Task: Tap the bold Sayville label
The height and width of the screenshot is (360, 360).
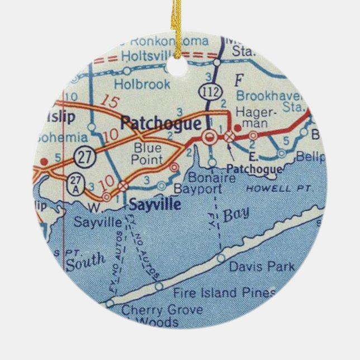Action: point(155,205)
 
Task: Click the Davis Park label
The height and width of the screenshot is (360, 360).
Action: point(262,267)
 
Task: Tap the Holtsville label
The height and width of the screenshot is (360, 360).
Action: point(152,55)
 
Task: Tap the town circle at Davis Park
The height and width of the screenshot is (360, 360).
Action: point(221,258)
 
